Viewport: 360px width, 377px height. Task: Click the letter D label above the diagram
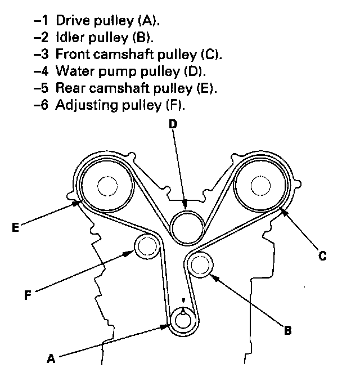(x=173, y=124)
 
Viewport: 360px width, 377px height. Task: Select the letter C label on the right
(x=322, y=256)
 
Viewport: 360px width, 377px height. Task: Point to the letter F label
(x=28, y=294)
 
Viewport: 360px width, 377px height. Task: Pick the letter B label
(x=287, y=330)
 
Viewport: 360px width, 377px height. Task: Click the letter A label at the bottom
(x=51, y=357)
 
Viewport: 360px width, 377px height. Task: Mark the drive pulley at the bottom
(x=183, y=320)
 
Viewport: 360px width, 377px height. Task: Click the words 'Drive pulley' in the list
(x=91, y=22)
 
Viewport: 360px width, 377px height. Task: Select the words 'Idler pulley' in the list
(x=88, y=39)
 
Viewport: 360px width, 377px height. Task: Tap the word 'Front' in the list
(x=72, y=55)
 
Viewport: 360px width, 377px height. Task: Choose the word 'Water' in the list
(x=74, y=72)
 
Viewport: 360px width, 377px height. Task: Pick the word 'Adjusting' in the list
(x=83, y=105)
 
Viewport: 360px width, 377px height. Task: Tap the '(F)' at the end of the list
(x=176, y=105)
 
